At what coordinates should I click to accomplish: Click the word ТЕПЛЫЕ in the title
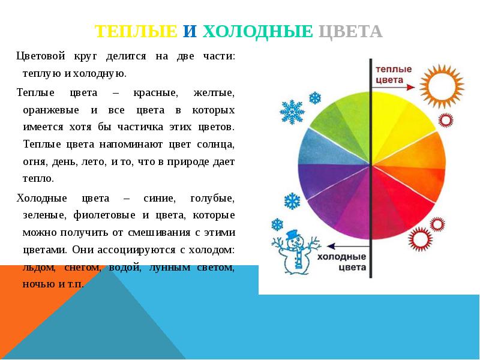[x=136, y=31]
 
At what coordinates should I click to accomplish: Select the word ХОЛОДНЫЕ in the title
[x=258, y=31]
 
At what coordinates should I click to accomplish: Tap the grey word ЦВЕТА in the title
[x=348, y=31]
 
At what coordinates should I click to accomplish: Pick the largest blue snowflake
[x=292, y=112]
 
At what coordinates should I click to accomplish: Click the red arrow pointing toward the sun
[x=394, y=88]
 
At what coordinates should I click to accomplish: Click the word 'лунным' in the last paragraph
[x=170, y=267]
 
